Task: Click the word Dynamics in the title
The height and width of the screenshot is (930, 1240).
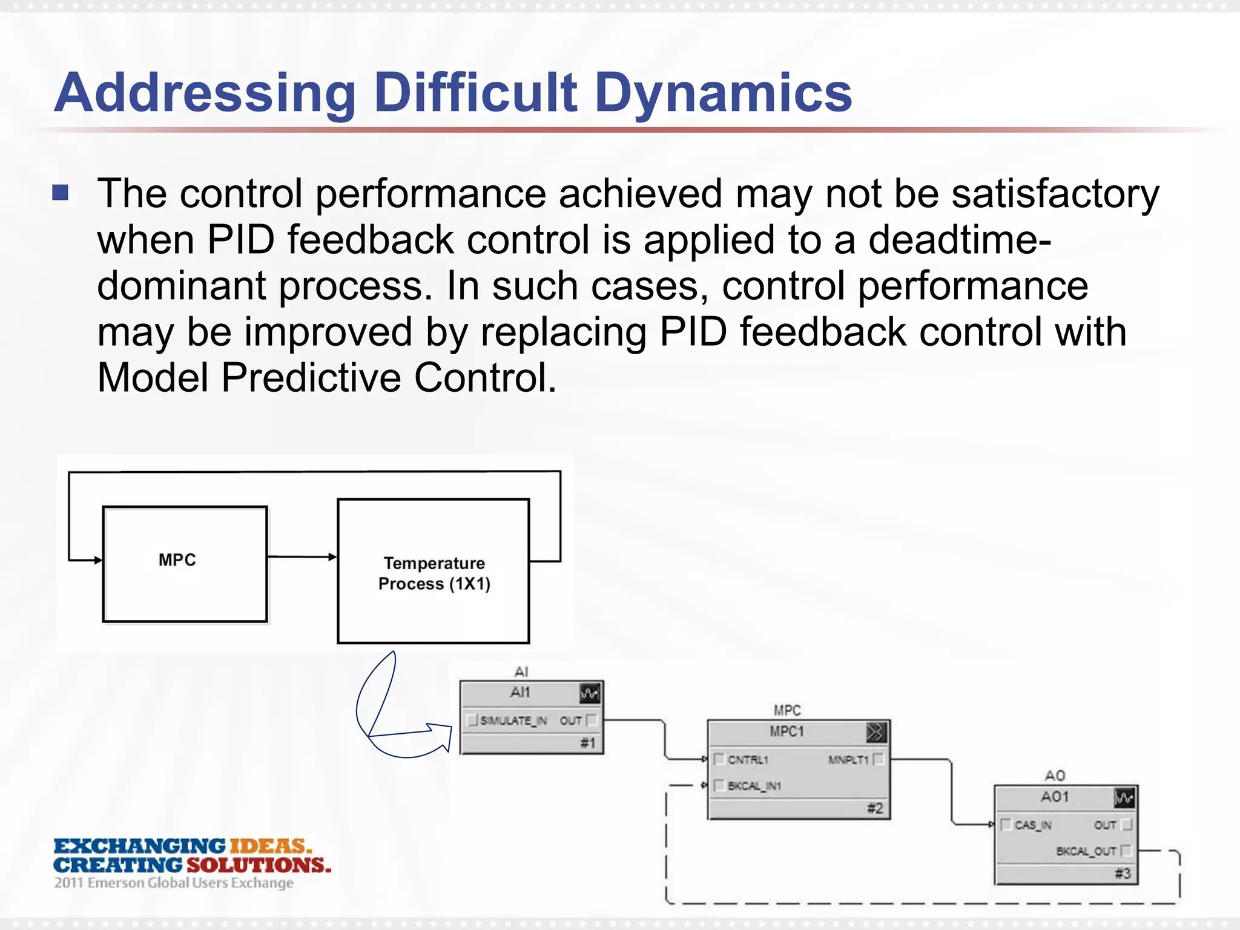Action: (723, 93)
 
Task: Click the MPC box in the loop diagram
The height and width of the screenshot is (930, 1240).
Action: (185, 564)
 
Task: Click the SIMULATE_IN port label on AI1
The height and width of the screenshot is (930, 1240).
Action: (513, 721)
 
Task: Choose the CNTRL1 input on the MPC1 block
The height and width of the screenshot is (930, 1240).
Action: (748, 760)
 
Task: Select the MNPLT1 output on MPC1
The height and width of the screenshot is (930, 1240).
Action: (848, 760)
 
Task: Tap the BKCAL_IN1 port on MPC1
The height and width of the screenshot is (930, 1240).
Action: (754, 786)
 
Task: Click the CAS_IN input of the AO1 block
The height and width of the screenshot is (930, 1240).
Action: (1032, 825)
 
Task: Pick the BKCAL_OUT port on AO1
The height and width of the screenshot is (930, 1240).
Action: (1086, 851)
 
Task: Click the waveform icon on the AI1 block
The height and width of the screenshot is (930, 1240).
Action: (590, 693)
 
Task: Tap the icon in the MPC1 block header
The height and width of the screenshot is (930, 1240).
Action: (876, 733)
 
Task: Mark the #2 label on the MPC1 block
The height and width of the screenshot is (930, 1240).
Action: (875, 808)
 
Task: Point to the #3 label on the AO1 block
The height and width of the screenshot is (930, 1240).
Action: (1123, 874)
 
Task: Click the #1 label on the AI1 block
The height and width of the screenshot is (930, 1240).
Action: (588, 743)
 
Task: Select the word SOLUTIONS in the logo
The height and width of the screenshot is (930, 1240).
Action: (259, 865)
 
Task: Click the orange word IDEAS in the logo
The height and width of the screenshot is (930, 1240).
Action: (270, 846)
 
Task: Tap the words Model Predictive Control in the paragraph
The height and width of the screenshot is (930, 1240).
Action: (326, 378)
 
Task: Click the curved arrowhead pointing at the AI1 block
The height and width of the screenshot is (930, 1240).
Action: (442, 736)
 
